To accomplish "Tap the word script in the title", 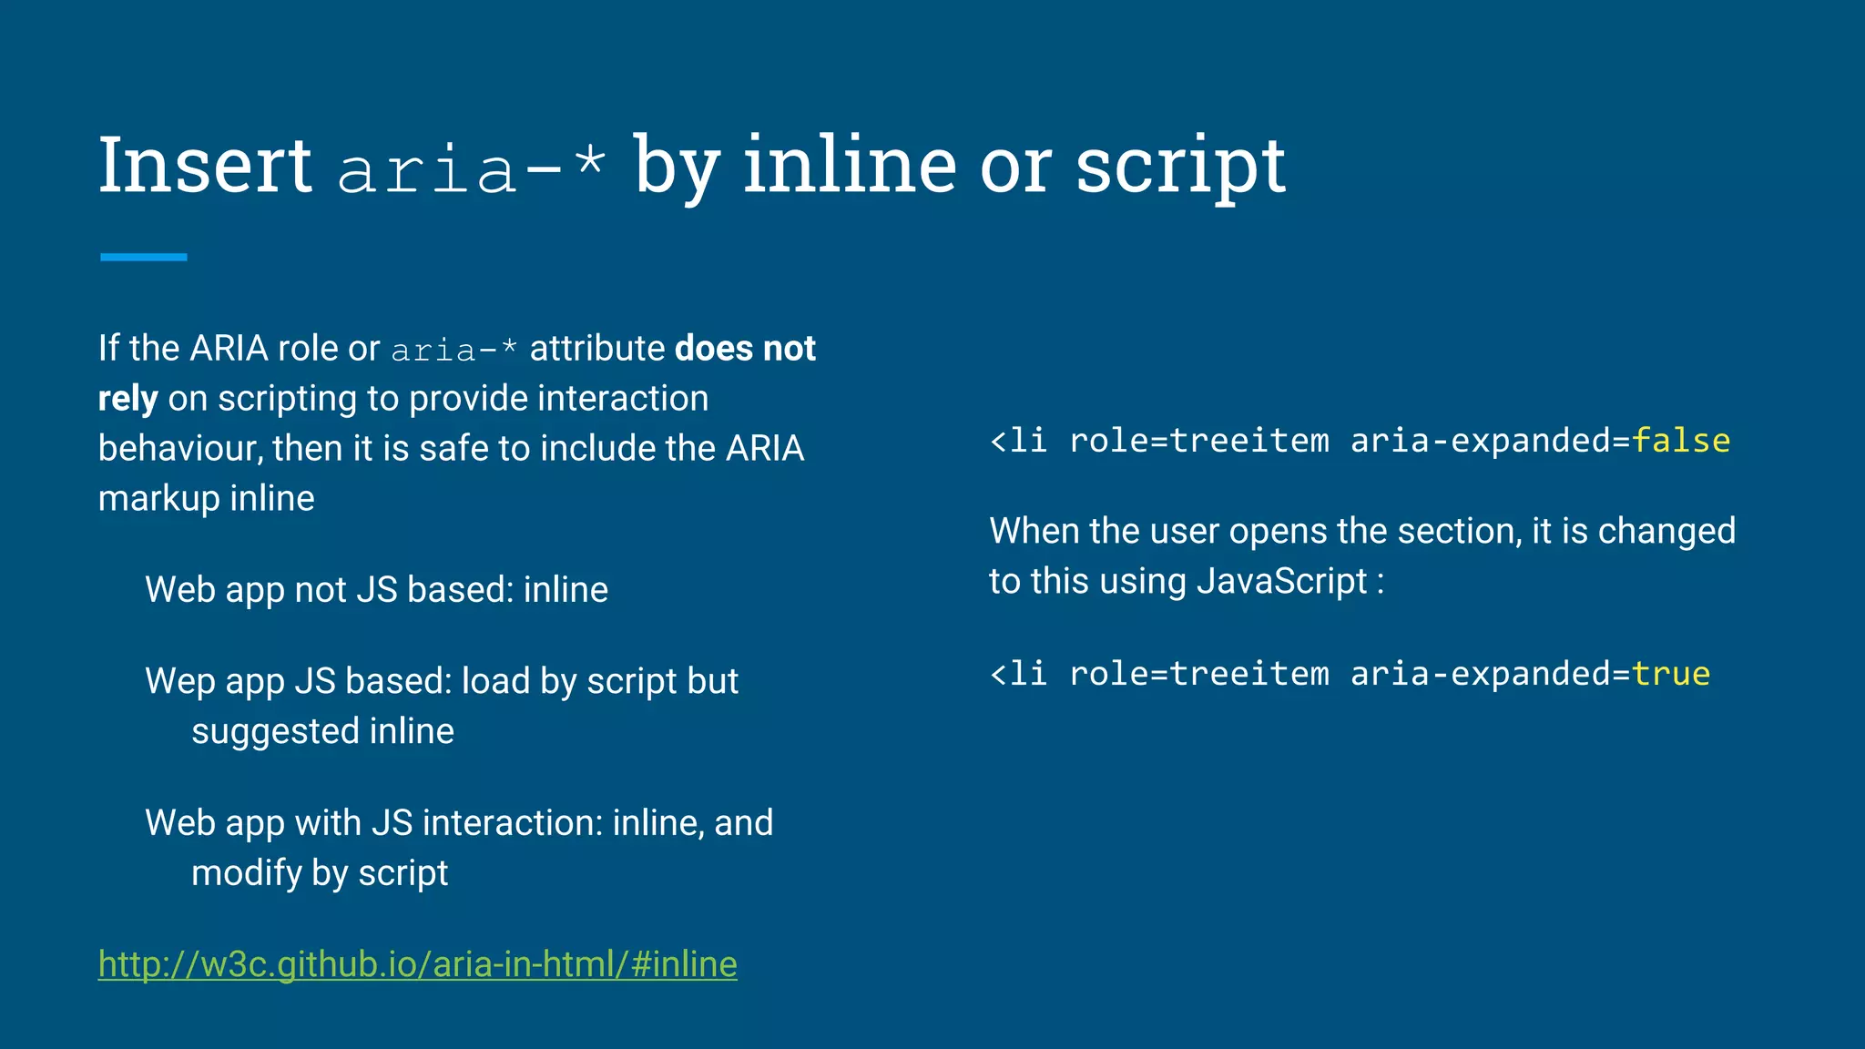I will pyautogui.click(x=1180, y=167).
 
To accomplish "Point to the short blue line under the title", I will pyautogui.click(x=144, y=258).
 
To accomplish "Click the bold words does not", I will pyautogui.click(x=745, y=349).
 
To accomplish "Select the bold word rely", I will pyautogui.click(x=127, y=399).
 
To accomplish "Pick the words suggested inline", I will pyautogui.click(x=322, y=731).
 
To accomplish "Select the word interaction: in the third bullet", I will pyautogui.click(x=513, y=823).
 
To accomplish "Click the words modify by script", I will pyautogui.click(x=320, y=873).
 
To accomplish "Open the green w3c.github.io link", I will pyautogui.click(x=418, y=964).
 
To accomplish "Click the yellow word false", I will pyautogui.click(x=1680, y=441).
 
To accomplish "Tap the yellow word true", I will pyautogui.click(x=1670, y=674).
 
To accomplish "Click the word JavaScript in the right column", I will pyautogui.click(x=1282, y=581).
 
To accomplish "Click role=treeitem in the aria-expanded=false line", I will pyautogui.click(x=1198, y=441).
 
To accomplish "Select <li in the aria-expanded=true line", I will pyautogui.click(x=1018, y=674).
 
